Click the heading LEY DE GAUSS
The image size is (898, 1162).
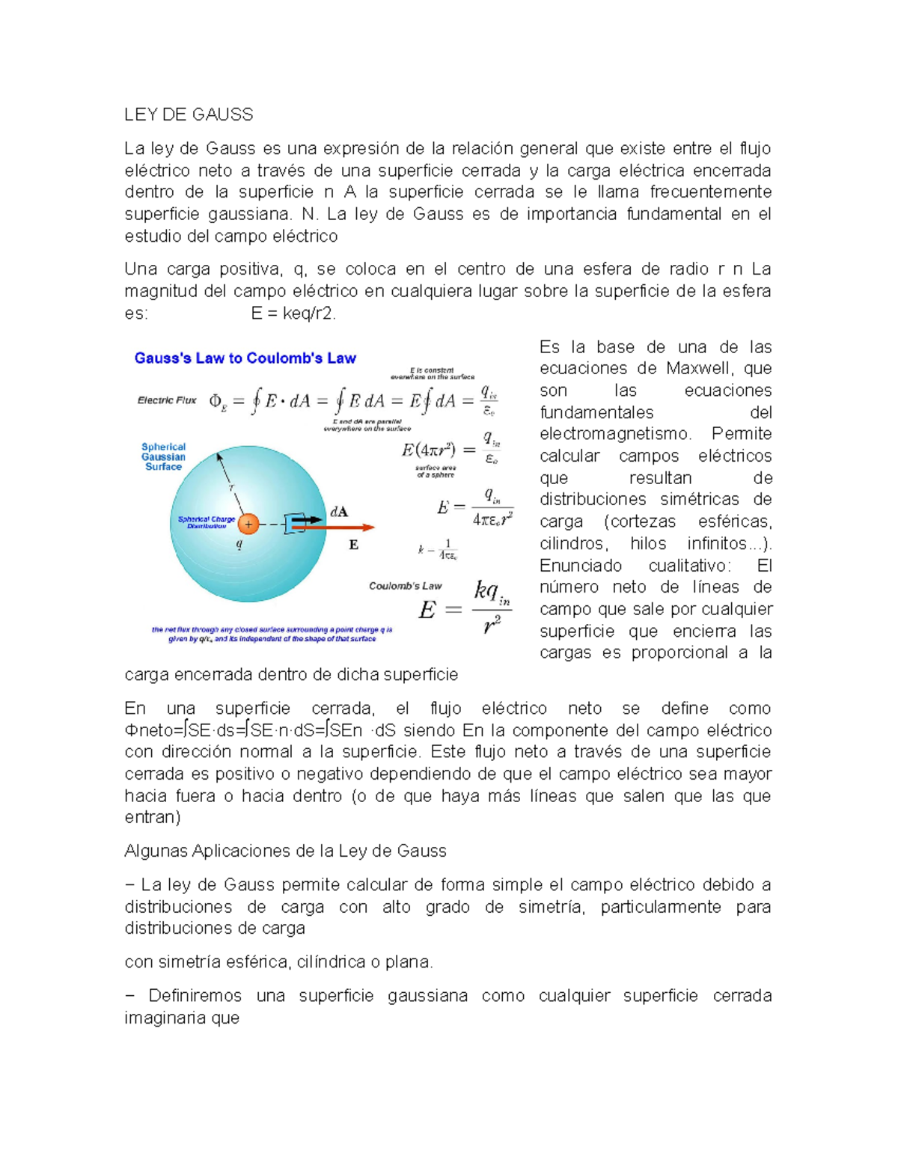click(189, 114)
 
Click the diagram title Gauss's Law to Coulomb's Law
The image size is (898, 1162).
click(245, 358)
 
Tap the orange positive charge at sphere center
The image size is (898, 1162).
click(248, 524)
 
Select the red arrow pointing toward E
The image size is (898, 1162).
click(337, 527)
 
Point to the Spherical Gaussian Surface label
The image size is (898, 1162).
click(163, 456)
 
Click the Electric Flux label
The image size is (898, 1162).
click(166, 400)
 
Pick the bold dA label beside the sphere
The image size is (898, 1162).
click(339, 512)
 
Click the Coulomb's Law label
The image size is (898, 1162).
click(405, 586)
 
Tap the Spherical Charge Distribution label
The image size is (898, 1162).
click(206, 522)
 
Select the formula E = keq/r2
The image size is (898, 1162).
click(293, 314)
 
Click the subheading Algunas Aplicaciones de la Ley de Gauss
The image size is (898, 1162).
click(285, 851)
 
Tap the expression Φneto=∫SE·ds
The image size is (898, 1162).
click(180, 730)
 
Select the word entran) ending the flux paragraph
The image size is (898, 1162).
click(153, 817)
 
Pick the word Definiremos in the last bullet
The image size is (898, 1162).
click(195, 996)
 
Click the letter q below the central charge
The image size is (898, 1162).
click(239, 544)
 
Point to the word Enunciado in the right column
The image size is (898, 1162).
click(581, 565)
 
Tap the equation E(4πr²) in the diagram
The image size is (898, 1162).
click(428, 450)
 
